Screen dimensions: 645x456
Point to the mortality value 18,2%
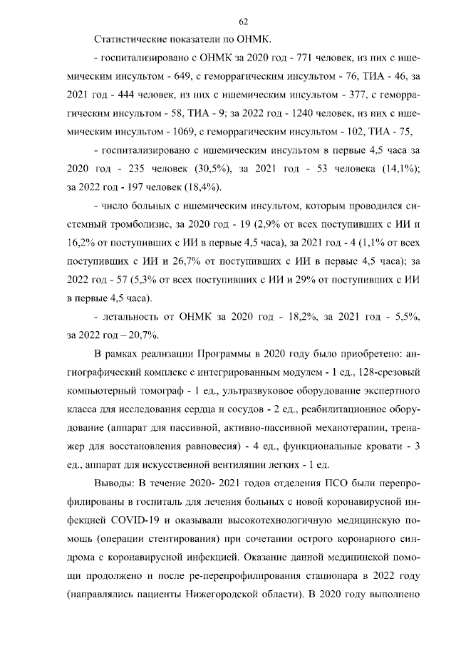click(293, 317)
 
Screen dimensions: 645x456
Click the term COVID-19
click(124, 520)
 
